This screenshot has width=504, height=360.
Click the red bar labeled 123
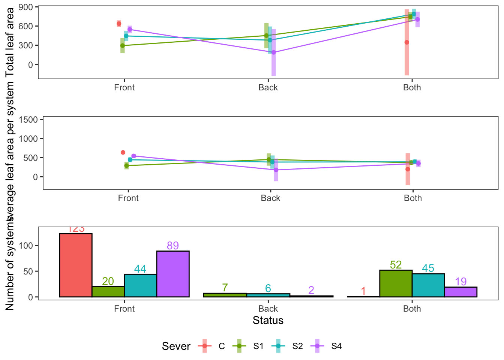tap(76, 265)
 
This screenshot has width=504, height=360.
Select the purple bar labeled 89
tap(173, 274)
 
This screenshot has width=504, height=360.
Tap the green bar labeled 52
tap(396, 283)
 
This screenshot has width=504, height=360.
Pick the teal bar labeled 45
tap(428, 285)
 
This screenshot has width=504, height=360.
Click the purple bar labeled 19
tap(460, 292)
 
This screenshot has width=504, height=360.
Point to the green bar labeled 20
tap(108, 292)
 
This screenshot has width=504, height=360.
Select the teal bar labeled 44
tap(140, 285)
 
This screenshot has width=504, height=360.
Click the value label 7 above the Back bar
tap(225, 288)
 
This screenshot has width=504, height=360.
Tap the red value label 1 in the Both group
tap(363, 291)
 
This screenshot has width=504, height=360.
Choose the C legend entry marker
tap(204, 346)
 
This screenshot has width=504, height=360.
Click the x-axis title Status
tap(268, 321)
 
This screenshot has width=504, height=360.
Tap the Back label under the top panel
tap(268, 88)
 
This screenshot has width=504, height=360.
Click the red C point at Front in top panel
tap(119, 24)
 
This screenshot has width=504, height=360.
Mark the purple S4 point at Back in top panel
tap(274, 52)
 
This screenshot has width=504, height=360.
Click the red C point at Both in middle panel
tap(408, 169)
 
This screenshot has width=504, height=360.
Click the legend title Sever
tap(176, 346)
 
